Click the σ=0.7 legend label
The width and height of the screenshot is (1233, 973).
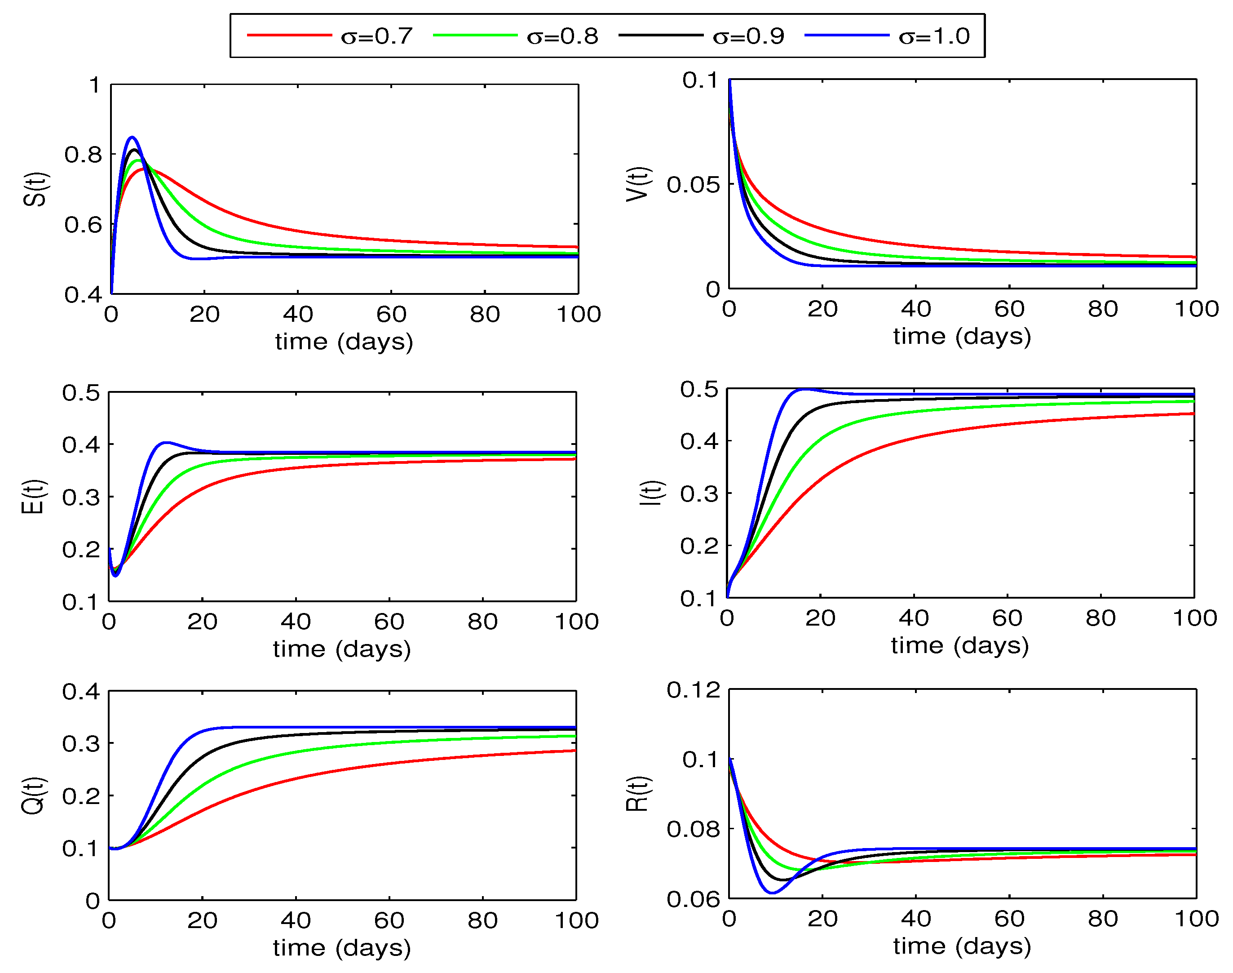(x=376, y=36)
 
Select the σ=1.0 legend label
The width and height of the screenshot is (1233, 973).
(x=933, y=36)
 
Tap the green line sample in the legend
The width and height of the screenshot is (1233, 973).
(x=475, y=36)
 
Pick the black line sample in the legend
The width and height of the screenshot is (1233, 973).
(x=660, y=36)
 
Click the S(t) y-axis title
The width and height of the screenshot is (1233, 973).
(x=35, y=189)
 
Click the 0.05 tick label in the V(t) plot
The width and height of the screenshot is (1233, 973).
(x=693, y=185)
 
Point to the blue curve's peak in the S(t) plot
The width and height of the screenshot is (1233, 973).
(x=132, y=137)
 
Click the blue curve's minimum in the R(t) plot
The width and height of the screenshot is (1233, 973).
(x=772, y=893)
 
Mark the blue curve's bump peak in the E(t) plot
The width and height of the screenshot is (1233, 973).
(x=165, y=442)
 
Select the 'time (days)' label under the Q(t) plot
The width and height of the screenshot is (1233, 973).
(x=341, y=948)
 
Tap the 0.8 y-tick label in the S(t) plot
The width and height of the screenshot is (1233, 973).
(x=83, y=155)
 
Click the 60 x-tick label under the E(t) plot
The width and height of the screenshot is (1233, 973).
(x=389, y=622)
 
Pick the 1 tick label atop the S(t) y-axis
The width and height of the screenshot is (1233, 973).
(x=94, y=85)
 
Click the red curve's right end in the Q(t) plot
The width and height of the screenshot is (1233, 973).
(x=575, y=751)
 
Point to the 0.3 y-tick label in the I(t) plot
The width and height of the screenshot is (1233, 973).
(x=698, y=493)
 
